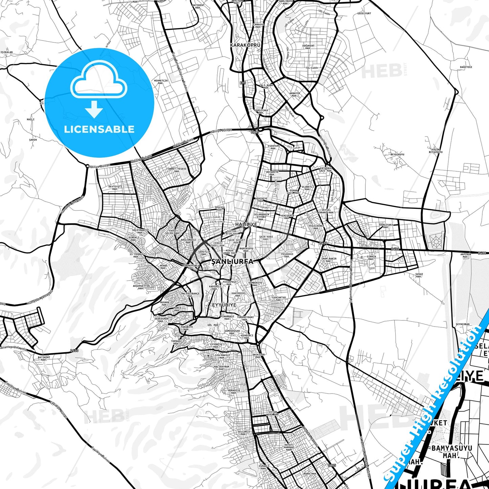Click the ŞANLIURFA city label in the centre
pyautogui.click(x=232, y=262)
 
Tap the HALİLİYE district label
pyautogui.click(x=246, y=224)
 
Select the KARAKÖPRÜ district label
pyautogui.click(x=245, y=45)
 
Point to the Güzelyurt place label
pyautogui.click(x=364, y=14)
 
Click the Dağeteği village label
pyautogui.click(x=466, y=67)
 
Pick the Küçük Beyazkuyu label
pyautogui.click(x=436, y=151)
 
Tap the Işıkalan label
pyautogui.click(x=6, y=52)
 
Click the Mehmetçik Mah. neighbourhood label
pyautogui.click(x=161, y=82)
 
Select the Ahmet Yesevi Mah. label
pyautogui.click(x=177, y=170)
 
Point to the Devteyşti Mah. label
pyautogui.click(x=115, y=187)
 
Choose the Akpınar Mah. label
pyautogui.click(x=465, y=255)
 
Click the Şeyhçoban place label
pyautogui.click(x=462, y=324)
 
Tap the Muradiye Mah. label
pyautogui.click(x=234, y=391)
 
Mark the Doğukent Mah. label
pyautogui.click(x=308, y=47)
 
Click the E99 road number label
pyautogui.click(x=243, y=83)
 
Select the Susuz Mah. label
pyautogui.click(x=419, y=275)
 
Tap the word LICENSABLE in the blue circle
pyautogui.click(x=99, y=129)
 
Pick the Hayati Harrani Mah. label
pyautogui.click(x=289, y=447)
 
